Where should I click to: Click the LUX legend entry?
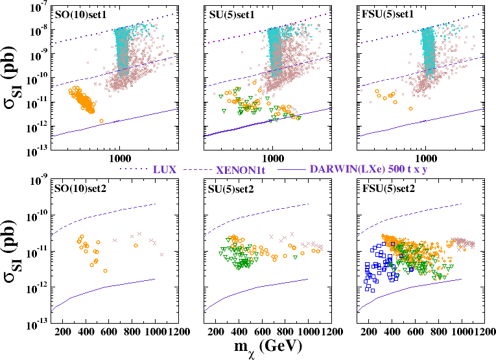pos(166,169)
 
